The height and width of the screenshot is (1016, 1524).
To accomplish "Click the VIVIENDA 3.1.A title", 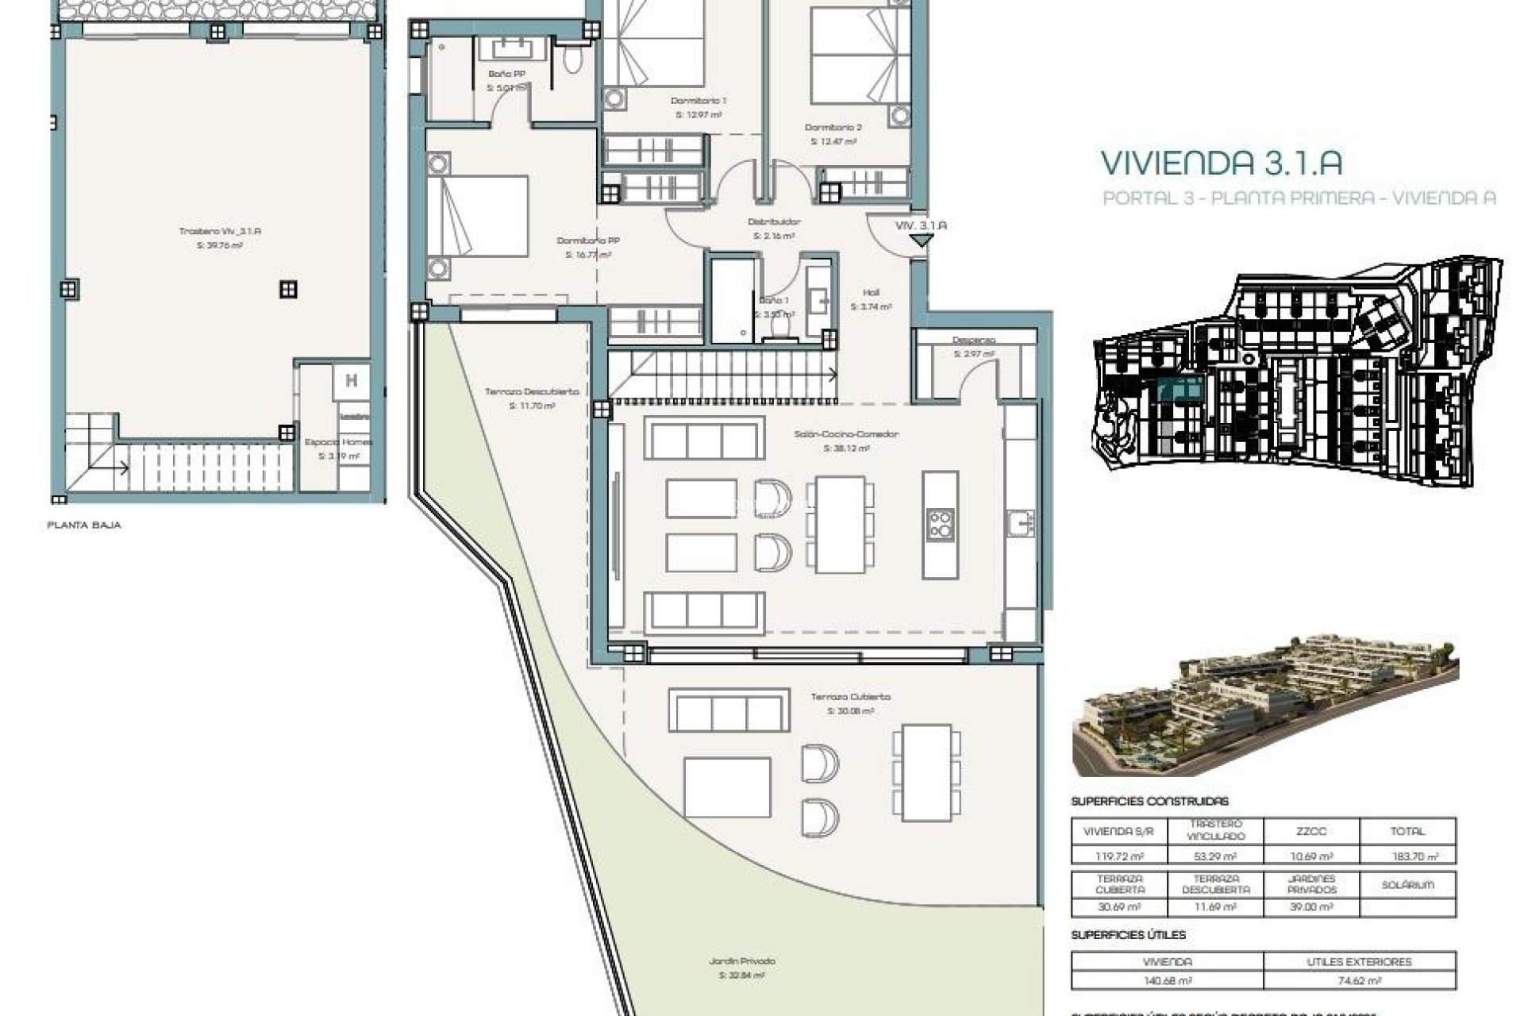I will click(x=1221, y=163).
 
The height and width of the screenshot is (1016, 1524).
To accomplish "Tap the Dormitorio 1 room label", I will click(x=698, y=101).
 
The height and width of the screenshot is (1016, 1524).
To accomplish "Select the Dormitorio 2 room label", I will click(x=833, y=127).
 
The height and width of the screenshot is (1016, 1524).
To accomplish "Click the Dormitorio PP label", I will click(x=588, y=241).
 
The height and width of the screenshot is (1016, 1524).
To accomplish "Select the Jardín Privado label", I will click(x=742, y=960).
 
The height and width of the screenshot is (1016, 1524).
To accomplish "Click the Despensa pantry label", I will click(x=974, y=340).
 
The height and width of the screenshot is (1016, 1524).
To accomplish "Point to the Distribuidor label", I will click(x=774, y=222).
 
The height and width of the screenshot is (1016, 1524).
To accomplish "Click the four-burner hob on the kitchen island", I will click(x=941, y=525).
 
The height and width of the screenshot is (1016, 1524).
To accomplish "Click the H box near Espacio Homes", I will click(x=351, y=381).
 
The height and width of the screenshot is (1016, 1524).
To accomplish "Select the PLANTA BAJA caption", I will click(x=84, y=525).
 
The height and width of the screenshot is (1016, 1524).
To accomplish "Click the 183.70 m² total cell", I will click(x=1407, y=856).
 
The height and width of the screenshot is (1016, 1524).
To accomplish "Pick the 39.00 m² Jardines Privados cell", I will click(x=1310, y=907).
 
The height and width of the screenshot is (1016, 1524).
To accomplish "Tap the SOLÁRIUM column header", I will click(x=1407, y=884).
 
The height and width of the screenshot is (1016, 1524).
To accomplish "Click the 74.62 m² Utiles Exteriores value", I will click(x=1359, y=981).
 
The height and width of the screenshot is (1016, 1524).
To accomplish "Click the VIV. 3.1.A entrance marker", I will click(x=921, y=226).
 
